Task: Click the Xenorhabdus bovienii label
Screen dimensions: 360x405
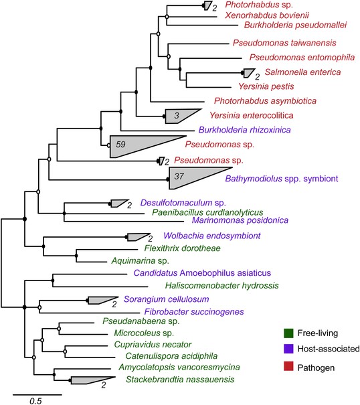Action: (267, 15)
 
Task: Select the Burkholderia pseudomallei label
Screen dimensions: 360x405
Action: (296, 25)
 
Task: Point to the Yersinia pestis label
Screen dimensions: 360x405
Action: (266, 86)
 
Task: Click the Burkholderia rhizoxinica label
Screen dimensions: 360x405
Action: (244, 130)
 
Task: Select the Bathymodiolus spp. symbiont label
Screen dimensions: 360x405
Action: (282, 179)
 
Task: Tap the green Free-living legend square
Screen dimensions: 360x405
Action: (288, 333)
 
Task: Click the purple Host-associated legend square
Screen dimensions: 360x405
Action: (288, 349)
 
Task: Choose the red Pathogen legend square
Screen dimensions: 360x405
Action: (288, 366)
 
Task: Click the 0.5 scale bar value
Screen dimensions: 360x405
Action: (35, 401)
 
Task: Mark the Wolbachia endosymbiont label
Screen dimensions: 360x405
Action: (212, 236)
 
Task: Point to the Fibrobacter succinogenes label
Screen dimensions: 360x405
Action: (194, 312)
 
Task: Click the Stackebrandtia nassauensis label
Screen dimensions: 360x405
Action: (180, 380)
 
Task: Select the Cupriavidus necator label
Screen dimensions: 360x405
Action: (153, 345)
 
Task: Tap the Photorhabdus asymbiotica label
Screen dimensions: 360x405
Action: (265, 100)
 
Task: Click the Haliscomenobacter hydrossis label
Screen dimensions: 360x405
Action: (222, 286)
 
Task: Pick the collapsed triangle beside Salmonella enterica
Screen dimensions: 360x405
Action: (248, 73)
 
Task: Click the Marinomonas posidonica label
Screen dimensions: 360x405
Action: (240, 220)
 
